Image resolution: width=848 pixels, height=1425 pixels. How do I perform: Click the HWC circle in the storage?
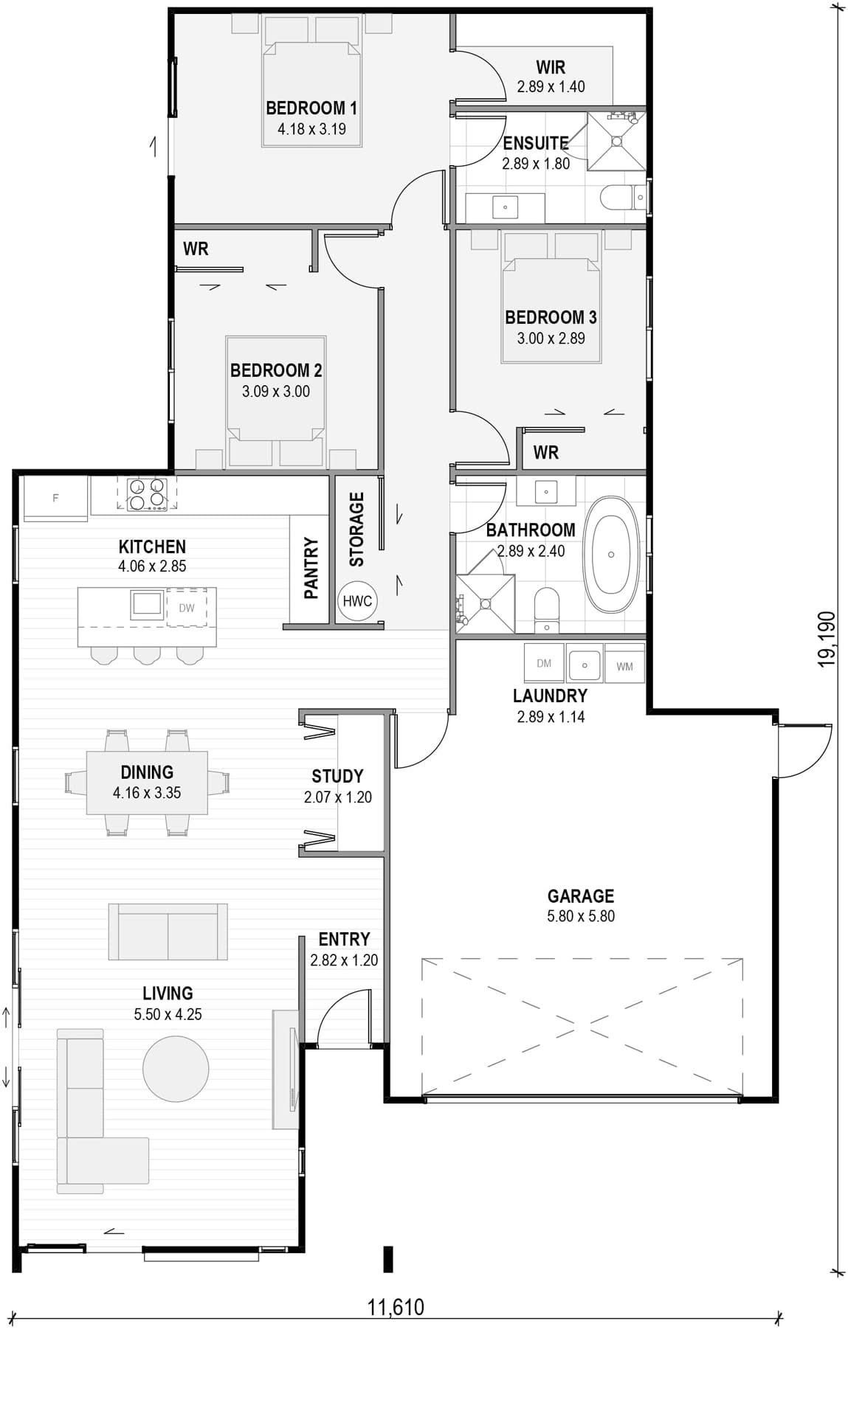357,600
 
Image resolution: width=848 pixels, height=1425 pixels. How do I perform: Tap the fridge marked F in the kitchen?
55,499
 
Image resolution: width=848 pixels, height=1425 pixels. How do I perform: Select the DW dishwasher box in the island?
187,608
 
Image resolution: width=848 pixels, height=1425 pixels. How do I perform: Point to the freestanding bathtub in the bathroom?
611,554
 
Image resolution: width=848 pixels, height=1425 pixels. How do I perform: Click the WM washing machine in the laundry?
624,666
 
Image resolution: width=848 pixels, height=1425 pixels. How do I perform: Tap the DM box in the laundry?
544,663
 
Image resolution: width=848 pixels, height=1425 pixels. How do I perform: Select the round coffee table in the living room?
176,1068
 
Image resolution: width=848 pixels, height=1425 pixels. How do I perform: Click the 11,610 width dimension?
396,1307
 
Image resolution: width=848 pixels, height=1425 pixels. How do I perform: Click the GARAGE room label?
581,895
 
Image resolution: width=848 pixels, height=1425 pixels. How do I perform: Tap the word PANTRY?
311,568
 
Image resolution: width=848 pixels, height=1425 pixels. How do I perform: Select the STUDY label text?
337,776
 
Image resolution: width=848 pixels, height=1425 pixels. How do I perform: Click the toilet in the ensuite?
622,198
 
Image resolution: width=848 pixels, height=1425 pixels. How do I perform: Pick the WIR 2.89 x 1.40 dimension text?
551,86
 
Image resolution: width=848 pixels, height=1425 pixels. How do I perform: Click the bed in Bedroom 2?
275,402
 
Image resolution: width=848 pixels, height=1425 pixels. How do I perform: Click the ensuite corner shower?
616,140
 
